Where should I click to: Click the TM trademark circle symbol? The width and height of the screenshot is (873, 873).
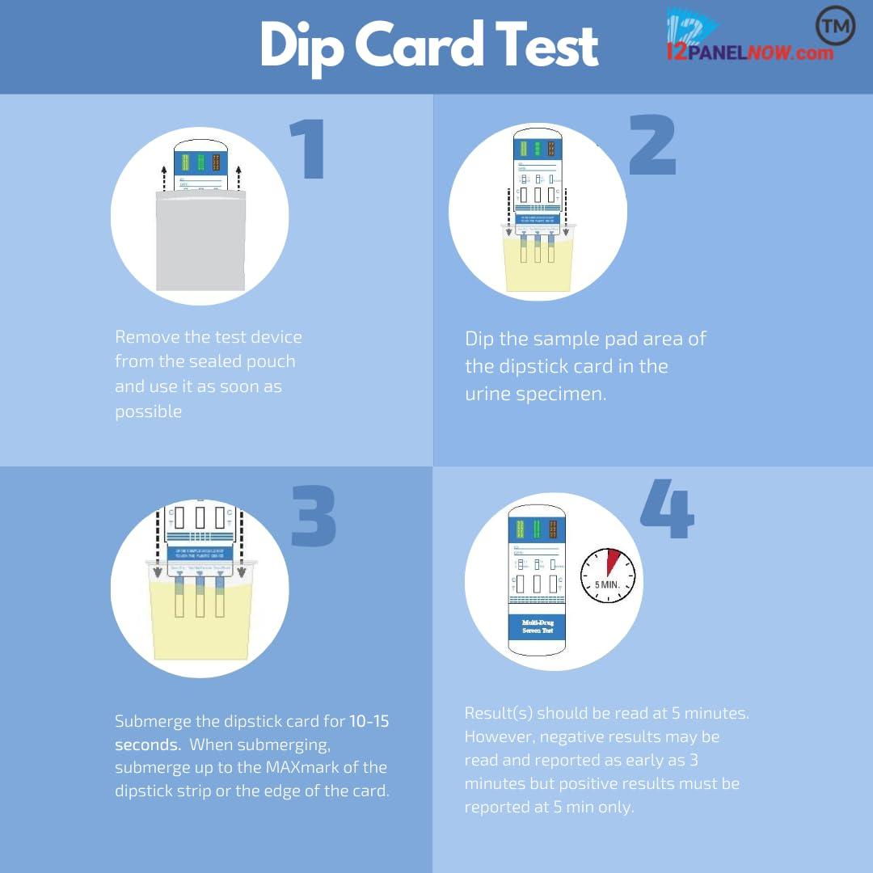(836, 27)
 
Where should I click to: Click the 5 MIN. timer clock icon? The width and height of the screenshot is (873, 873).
(608, 576)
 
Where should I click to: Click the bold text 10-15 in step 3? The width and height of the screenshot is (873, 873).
(369, 721)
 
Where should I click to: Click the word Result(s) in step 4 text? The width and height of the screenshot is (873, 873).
(497, 713)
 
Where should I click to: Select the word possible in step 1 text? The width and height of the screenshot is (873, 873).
(148, 411)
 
